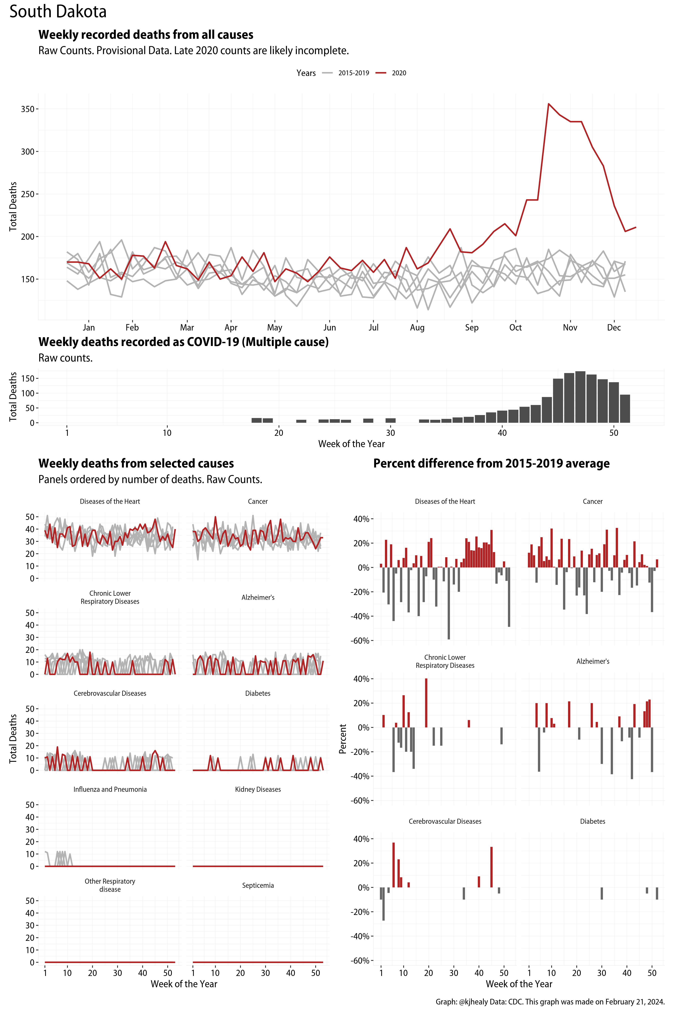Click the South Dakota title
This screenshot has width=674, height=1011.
58,12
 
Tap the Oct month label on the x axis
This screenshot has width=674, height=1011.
515,327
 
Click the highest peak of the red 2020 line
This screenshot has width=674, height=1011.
549,104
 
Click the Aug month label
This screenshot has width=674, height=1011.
417,327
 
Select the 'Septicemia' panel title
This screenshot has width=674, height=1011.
258,886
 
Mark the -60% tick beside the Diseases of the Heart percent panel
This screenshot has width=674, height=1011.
361,641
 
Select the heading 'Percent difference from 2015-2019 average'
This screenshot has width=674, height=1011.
491,463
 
